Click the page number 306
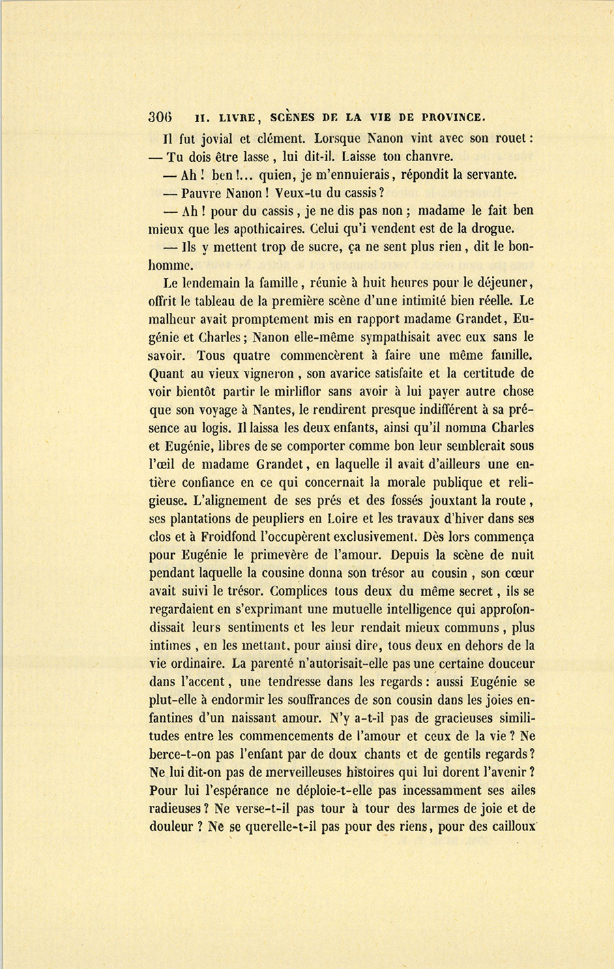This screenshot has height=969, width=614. pos(160,115)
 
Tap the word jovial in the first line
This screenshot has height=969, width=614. pos(204,138)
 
